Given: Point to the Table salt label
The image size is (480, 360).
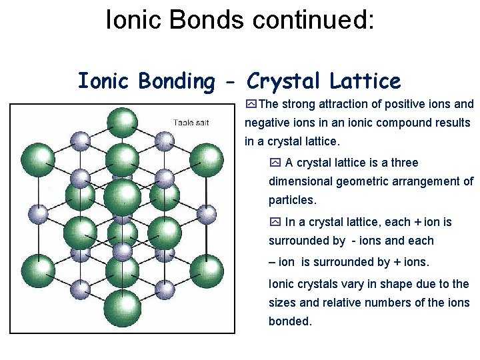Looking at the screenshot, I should pyautogui.click(x=191, y=123).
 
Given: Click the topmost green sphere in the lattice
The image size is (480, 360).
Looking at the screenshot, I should pyautogui.click(x=123, y=123).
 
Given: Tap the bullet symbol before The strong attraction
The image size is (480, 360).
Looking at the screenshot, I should pyautogui.click(x=251, y=104).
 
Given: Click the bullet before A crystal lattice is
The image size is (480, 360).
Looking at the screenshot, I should pyautogui.click(x=275, y=163).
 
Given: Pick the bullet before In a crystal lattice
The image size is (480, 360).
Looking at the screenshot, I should pyautogui.click(x=275, y=222).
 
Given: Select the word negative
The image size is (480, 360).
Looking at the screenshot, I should pyautogui.click(x=265, y=123).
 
